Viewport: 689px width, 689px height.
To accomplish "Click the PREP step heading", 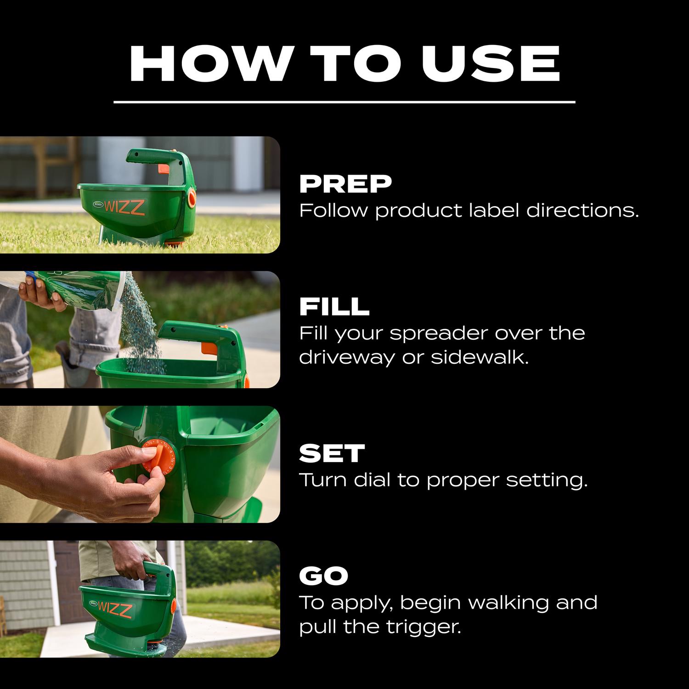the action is [345, 184].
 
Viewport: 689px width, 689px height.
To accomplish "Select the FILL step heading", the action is [334, 307].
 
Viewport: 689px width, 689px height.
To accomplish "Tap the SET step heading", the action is [332, 453].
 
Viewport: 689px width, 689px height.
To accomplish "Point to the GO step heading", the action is [324, 576].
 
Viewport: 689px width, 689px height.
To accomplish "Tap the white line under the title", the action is [344, 102].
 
